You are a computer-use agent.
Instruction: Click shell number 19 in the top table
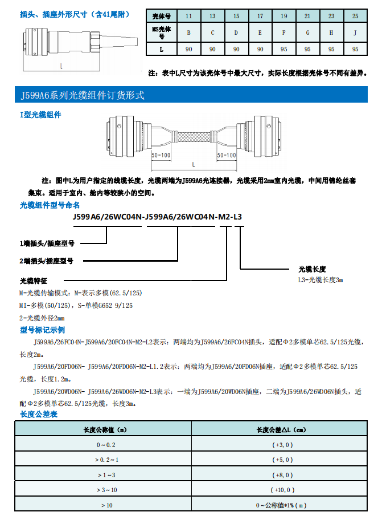point(283,17)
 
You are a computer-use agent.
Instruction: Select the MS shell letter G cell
point(307,32)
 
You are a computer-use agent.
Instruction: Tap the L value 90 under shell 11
point(188,50)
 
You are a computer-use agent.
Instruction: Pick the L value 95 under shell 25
point(355,50)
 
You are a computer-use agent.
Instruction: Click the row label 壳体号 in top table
point(161,17)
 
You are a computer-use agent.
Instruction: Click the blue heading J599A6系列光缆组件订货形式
point(82,95)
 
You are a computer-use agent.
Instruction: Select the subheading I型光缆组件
point(40,115)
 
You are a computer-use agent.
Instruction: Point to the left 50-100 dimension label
point(161,155)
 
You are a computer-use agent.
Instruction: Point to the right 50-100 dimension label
point(227,155)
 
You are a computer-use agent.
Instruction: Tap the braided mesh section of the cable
point(194,137)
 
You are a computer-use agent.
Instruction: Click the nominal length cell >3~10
point(106,490)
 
